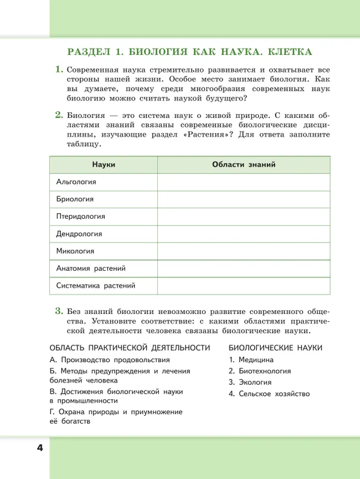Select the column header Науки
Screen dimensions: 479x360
104,164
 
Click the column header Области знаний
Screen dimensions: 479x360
244,164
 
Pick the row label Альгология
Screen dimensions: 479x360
76,182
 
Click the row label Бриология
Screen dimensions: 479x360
75,199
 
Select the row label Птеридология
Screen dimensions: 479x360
80,216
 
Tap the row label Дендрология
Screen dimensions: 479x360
79,234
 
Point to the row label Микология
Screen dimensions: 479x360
75,251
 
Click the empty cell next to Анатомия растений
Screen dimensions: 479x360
244,269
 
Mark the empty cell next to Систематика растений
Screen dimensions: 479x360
244,286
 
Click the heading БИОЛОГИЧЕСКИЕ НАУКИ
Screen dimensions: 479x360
275,347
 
